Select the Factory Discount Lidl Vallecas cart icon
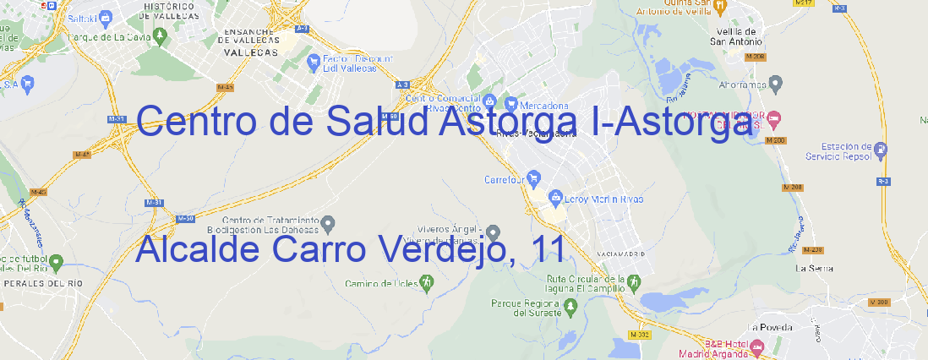(x=314, y=61)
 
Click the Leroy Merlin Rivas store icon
(x=555, y=199)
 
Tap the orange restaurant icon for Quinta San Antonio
(x=719, y=7)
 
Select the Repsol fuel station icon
(x=882, y=150)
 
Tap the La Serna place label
(x=815, y=268)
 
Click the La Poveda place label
(x=770, y=326)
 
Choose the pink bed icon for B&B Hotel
(x=757, y=346)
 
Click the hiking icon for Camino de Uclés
(x=427, y=281)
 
